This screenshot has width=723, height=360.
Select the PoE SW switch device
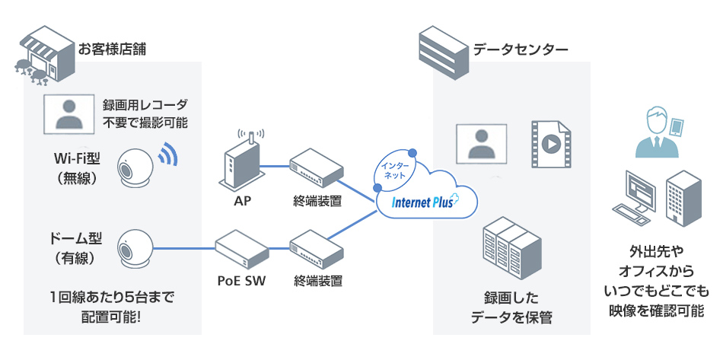tap(241, 248)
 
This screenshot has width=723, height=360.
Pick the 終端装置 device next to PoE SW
tap(316, 249)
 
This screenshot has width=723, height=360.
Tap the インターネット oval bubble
tap(396, 169)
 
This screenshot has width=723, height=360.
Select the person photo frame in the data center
tap(480, 142)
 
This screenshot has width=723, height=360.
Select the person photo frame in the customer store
tap(67, 113)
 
